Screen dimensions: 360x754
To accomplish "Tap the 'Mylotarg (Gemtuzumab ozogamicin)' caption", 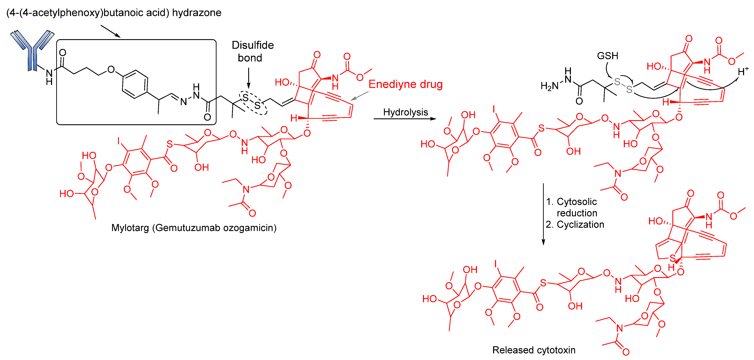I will (x=194, y=228).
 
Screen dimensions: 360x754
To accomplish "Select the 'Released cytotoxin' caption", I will (x=534, y=350).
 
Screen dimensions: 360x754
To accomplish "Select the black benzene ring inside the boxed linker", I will (x=135, y=84).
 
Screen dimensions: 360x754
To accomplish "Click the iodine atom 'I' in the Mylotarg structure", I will (x=119, y=141).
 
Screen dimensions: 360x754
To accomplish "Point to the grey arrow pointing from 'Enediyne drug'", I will (x=359, y=96).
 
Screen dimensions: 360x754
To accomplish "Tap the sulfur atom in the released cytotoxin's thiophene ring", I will (x=672, y=258).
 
